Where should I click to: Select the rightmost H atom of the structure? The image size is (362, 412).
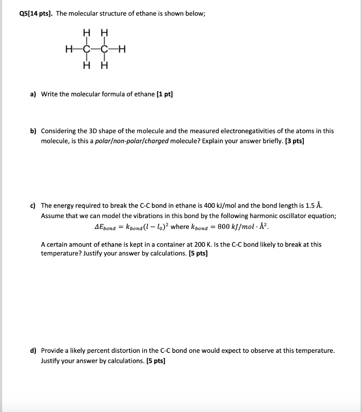(123, 49)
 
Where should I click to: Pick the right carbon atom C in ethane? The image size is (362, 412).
(104, 49)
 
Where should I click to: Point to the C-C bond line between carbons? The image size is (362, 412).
(96, 49)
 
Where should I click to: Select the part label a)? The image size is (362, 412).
(33, 94)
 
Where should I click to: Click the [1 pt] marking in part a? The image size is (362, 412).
(164, 94)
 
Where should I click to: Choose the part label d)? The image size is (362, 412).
(34, 350)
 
